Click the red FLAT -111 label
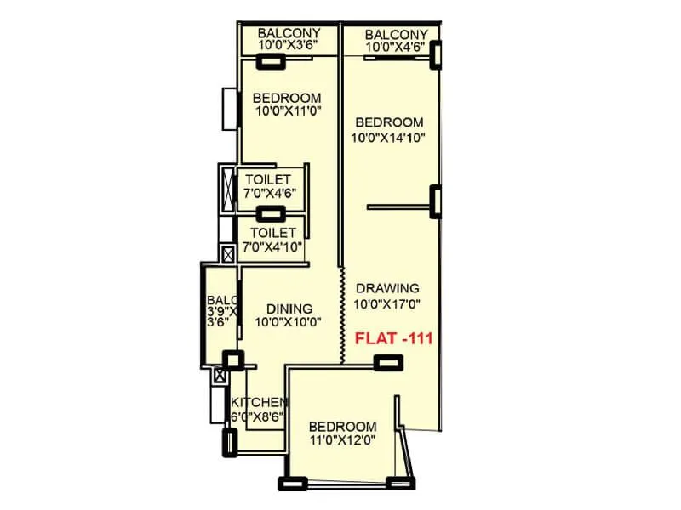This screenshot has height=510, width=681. click(x=394, y=338)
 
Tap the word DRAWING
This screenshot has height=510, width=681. click(x=387, y=287)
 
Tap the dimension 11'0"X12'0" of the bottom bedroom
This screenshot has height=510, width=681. click(x=342, y=440)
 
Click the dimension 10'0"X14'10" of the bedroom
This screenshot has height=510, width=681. click(x=388, y=137)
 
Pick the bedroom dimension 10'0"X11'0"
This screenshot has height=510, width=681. click(x=287, y=110)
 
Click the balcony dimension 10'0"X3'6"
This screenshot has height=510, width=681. click(x=289, y=48)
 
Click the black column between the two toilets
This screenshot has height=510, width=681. click(x=272, y=214)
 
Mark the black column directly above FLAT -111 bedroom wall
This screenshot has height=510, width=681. click(x=389, y=362)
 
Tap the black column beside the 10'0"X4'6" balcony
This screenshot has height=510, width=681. click(x=437, y=55)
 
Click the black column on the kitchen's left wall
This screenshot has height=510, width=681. click(x=227, y=442)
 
